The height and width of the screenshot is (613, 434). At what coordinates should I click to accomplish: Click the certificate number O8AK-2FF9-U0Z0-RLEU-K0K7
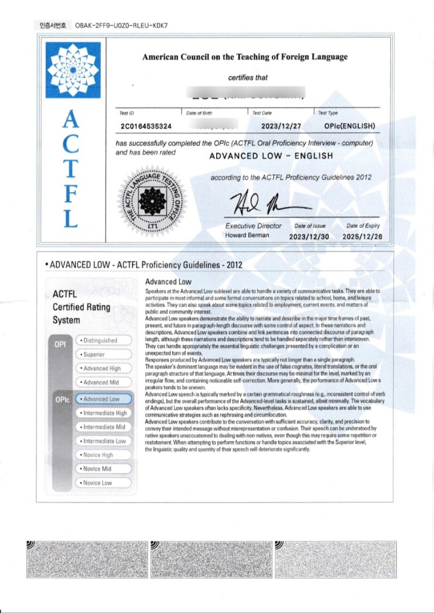[121, 26]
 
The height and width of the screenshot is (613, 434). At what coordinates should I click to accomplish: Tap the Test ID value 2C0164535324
[146, 126]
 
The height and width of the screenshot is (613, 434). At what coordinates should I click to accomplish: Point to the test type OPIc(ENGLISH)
[349, 126]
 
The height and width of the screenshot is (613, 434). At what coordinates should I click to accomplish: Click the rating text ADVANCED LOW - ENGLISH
[271, 156]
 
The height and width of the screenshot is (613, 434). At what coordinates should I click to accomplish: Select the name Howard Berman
[248, 235]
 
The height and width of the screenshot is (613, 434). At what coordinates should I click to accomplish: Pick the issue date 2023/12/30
[310, 237]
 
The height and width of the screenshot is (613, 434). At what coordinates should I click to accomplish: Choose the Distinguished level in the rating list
[103, 340]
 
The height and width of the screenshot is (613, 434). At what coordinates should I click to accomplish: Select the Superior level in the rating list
[103, 354]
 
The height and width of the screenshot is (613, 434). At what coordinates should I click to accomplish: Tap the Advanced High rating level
[103, 368]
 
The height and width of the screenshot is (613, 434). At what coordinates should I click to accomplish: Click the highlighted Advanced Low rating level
[103, 399]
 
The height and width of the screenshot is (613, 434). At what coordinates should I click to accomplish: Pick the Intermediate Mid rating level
[103, 427]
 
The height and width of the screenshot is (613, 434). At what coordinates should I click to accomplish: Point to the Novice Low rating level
[103, 483]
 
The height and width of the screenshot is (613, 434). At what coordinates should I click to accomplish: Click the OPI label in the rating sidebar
[60, 344]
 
